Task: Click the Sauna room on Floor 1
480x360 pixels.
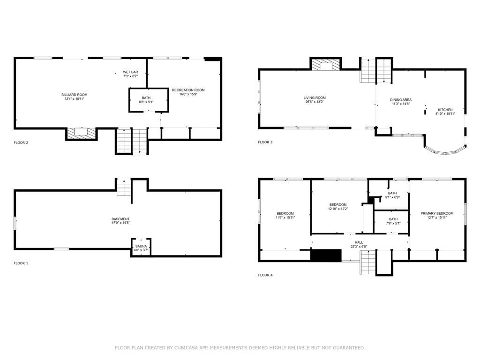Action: (141, 247)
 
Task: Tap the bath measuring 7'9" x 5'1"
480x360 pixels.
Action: (392, 222)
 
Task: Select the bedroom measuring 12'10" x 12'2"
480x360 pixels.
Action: (338, 207)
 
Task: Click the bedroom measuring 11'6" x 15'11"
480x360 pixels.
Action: (285, 215)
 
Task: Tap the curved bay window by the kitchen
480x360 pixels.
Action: (445, 151)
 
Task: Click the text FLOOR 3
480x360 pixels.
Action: (265, 142)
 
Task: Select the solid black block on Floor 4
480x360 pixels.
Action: (326, 255)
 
